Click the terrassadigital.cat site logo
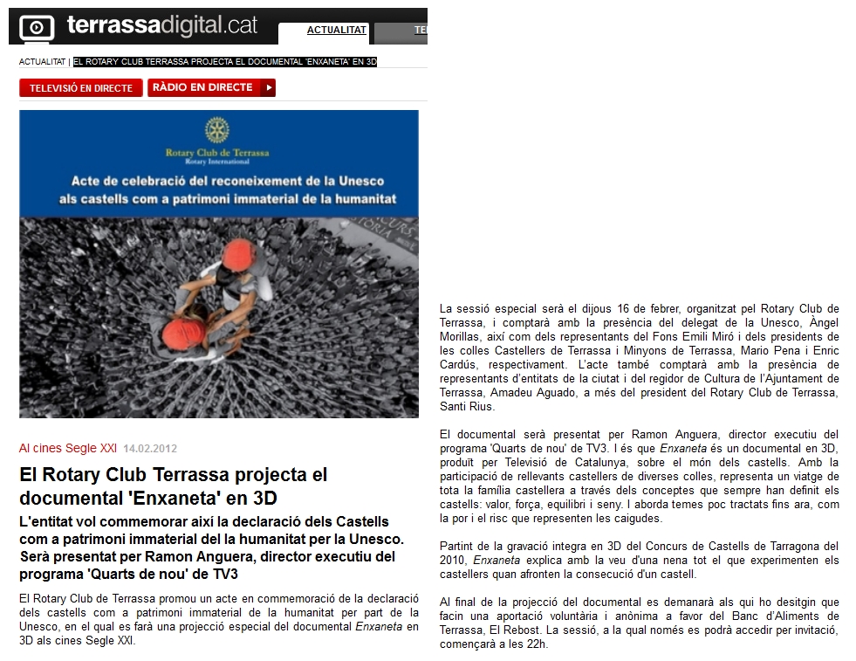click(161, 25)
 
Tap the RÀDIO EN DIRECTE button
click(211, 87)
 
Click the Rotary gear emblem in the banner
click(217, 131)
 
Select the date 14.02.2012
click(150, 449)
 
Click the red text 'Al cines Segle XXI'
click(67, 449)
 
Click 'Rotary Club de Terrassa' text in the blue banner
click(217, 153)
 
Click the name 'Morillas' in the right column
click(462, 336)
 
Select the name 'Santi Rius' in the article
click(468, 406)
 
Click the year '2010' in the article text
click(455, 560)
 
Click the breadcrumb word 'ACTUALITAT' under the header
click(42, 62)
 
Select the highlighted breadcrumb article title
click(225, 62)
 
